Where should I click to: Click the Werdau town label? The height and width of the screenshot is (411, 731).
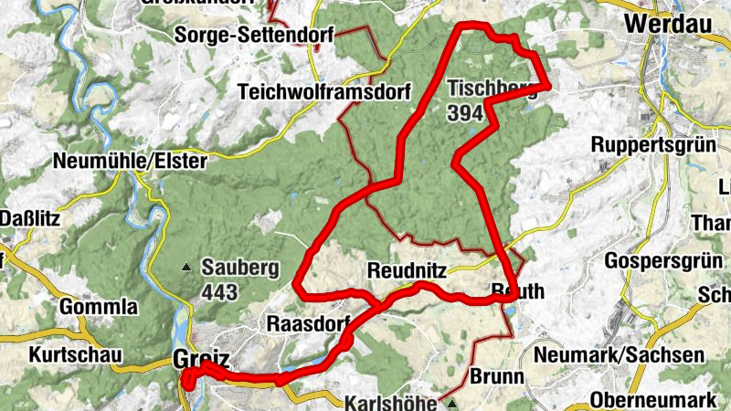(x=673, y=20)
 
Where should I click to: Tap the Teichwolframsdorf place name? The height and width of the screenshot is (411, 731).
(x=324, y=91)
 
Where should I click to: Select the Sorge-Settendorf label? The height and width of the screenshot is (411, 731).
(x=255, y=36)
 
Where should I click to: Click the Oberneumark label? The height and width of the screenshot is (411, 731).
(x=648, y=399)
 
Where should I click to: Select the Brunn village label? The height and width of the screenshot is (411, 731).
(x=497, y=376)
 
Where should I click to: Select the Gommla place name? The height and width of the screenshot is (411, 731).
(x=99, y=306)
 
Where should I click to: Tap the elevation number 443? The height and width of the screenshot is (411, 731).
(x=220, y=292)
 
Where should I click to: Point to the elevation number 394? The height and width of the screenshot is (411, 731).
(x=466, y=112)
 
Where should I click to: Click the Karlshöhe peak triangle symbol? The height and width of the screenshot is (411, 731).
(x=450, y=402)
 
